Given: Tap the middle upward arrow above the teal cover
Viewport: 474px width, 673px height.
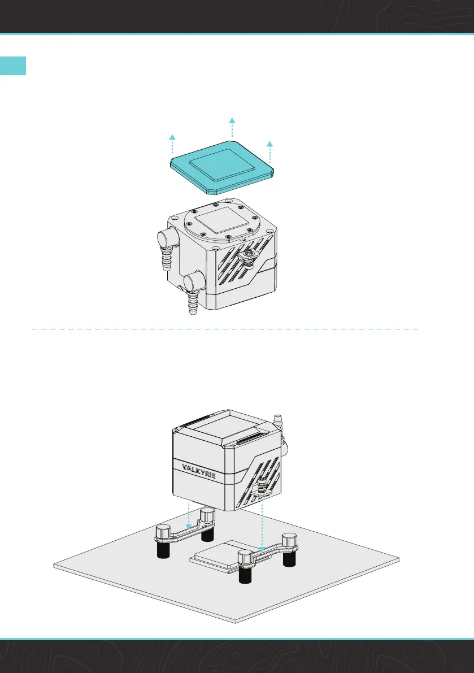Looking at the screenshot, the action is (x=232, y=128).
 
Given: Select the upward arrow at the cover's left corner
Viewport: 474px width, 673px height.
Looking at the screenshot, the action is (x=173, y=145).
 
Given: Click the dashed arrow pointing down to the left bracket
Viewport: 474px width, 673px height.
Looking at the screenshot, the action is (x=189, y=511).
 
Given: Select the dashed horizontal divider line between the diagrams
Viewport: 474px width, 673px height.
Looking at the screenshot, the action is (x=226, y=328).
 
